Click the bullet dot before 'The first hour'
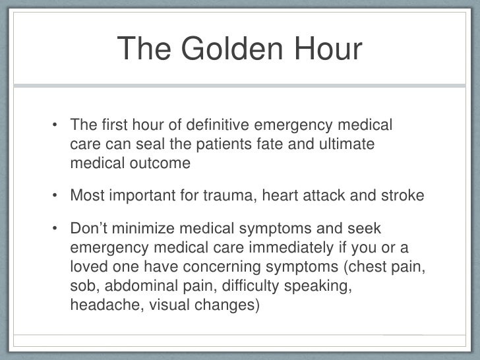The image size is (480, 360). click(57, 125)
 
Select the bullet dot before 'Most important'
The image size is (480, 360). click(57, 196)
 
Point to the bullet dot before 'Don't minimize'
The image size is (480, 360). click(57, 229)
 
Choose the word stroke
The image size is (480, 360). click(401, 196)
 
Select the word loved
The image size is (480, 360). click(88, 266)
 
